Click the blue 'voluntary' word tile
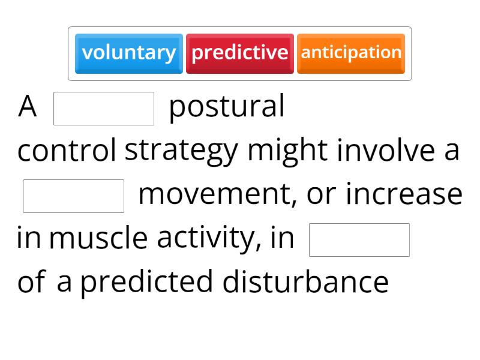point(129,53)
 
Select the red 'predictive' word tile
point(240,53)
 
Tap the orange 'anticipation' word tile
point(351,53)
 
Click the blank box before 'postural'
point(104,109)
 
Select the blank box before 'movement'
point(73,196)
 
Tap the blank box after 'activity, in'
point(359,240)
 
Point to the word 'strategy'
point(181,151)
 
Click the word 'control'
point(67,151)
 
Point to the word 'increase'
point(404,194)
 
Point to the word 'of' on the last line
point(31,282)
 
